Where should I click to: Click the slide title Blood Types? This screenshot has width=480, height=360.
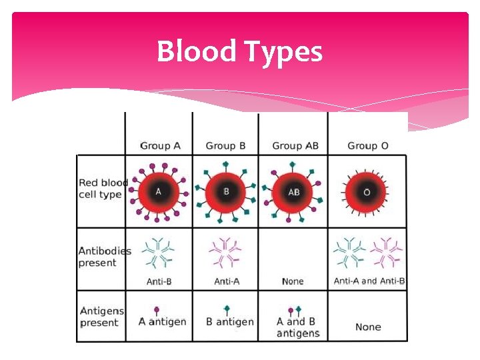tap(239, 51)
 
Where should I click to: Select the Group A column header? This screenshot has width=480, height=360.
tap(160, 145)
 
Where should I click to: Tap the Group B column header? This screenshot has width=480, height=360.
tap(225, 145)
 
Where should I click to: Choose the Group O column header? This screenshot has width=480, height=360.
tap(368, 145)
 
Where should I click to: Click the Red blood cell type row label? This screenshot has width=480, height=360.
tap(103, 188)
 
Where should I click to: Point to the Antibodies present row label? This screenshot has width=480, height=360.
tap(105, 257)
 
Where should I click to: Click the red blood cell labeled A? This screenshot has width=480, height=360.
tap(159, 192)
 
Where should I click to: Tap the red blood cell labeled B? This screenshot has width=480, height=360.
tap(226, 192)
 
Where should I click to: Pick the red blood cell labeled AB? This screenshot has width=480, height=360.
tap(293, 192)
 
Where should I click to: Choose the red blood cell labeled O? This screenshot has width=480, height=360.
tap(367, 192)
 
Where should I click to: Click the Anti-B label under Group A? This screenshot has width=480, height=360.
tap(159, 281)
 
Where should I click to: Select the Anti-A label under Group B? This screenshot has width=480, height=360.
tap(227, 281)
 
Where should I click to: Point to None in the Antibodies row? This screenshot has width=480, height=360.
tap(293, 281)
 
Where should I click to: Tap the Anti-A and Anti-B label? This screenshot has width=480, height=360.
tap(369, 281)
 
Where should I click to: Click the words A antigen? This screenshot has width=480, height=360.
tap(162, 322)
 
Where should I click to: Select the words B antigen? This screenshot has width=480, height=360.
tap(230, 322)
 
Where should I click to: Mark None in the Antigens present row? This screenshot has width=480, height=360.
tap(368, 327)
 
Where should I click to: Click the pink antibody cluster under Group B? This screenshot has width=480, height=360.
tap(225, 253)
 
